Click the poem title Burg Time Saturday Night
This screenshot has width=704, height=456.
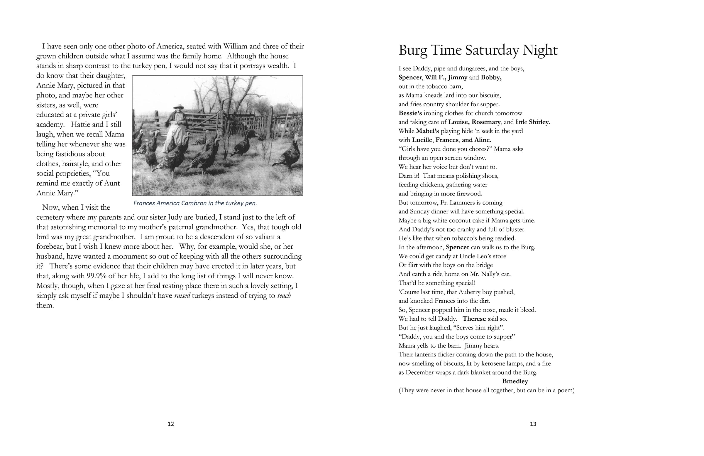(478, 50)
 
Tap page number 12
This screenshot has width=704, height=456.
(171, 424)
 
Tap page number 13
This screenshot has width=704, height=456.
(533, 424)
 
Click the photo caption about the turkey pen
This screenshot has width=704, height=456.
(195, 203)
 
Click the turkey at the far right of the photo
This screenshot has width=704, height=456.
(288, 157)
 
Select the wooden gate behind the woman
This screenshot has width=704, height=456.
(204, 121)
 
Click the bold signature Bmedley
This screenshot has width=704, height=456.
(515, 381)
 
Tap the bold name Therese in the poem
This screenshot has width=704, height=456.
(474, 319)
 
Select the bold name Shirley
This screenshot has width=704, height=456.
(539, 122)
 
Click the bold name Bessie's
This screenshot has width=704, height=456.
(410, 113)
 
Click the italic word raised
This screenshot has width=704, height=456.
(182, 296)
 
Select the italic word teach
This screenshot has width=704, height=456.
(284, 296)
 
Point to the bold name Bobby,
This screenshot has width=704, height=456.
(491, 78)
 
